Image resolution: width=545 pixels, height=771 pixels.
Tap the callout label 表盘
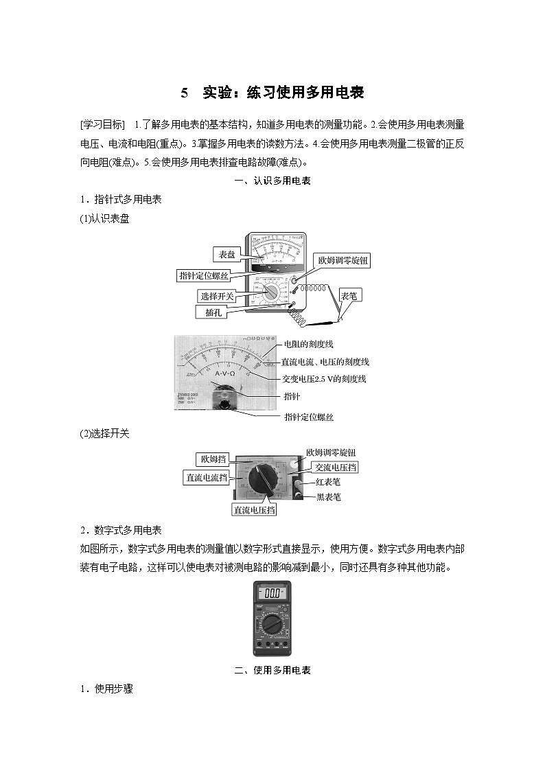coord(227,254)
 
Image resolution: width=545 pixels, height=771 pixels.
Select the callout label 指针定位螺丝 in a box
coord(203,275)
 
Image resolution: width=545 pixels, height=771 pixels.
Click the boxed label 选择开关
coord(217,296)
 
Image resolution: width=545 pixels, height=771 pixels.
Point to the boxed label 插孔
coord(211,312)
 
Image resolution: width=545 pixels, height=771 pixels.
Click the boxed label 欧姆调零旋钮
coord(343,261)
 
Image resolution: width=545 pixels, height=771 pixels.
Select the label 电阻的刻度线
coord(308,344)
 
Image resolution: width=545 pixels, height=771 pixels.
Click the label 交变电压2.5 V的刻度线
coord(323,378)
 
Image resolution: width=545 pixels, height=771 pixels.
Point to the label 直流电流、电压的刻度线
coord(325,361)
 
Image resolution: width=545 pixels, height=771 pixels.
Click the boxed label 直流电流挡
coord(206,478)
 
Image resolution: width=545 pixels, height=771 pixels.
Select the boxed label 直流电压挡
coord(255,509)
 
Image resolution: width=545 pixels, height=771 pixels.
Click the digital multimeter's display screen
coord(272,592)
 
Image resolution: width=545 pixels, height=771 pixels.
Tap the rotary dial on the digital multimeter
coord(272,624)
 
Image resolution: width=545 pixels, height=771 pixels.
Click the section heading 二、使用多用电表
coord(272,670)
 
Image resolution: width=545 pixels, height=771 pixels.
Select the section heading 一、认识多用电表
coord(272,181)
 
